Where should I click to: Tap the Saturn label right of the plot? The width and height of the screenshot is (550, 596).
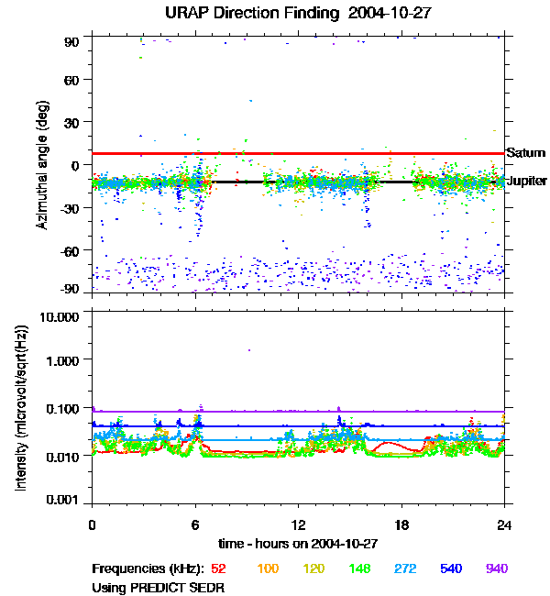[x=526, y=153]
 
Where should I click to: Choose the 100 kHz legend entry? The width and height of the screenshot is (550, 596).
[x=268, y=569]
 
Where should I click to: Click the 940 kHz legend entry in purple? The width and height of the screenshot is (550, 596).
[x=497, y=569]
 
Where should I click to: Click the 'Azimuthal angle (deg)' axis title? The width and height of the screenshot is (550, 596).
[x=42, y=165]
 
